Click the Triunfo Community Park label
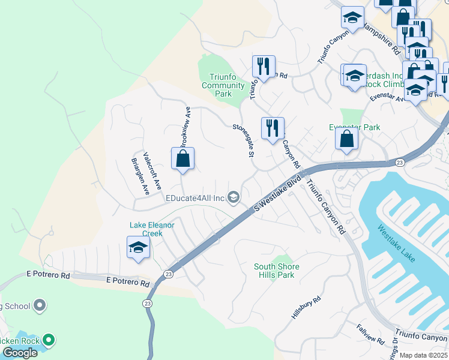[x=223, y=85]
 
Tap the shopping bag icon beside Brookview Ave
[x=183, y=160]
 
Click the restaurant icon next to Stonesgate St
[x=273, y=128]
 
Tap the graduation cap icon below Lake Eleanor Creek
[x=138, y=248]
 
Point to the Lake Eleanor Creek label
[x=152, y=229]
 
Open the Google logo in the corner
[x=20, y=353]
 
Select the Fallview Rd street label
[x=370, y=334]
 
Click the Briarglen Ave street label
[x=140, y=176]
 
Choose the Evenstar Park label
[x=354, y=128]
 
